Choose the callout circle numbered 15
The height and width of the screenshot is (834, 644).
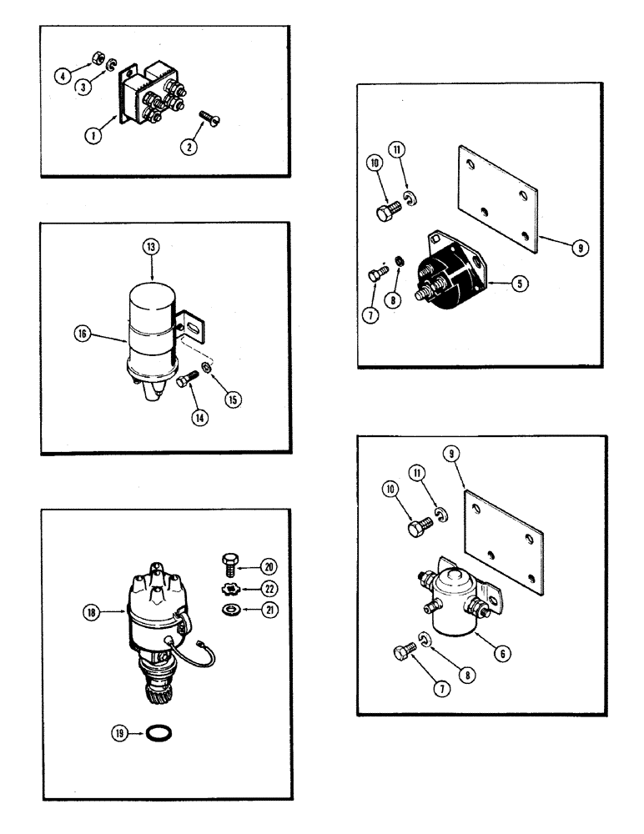click(x=233, y=399)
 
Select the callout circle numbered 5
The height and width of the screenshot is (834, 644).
click(x=519, y=284)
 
